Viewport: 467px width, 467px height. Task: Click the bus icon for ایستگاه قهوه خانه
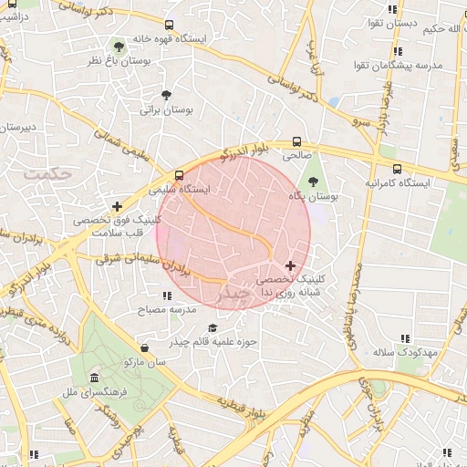point(168,26)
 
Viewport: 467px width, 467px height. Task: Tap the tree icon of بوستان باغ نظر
point(119,45)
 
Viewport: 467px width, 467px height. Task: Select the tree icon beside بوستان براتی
point(166,95)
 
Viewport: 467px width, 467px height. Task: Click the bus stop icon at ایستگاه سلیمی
point(180,175)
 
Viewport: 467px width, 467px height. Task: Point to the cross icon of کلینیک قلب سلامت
point(116,207)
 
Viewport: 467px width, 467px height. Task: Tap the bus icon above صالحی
point(296,141)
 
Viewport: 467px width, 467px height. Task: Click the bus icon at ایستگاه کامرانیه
point(397,168)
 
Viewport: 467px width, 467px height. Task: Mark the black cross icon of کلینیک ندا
point(291,265)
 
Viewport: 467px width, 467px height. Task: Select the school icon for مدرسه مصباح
point(166,296)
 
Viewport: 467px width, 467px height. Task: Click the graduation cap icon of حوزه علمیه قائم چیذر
point(213,328)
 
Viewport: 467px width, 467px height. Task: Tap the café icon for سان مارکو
point(145,347)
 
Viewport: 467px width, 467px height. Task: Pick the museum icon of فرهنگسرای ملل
point(94,378)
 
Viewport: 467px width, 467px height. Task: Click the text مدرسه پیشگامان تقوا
point(404,66)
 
